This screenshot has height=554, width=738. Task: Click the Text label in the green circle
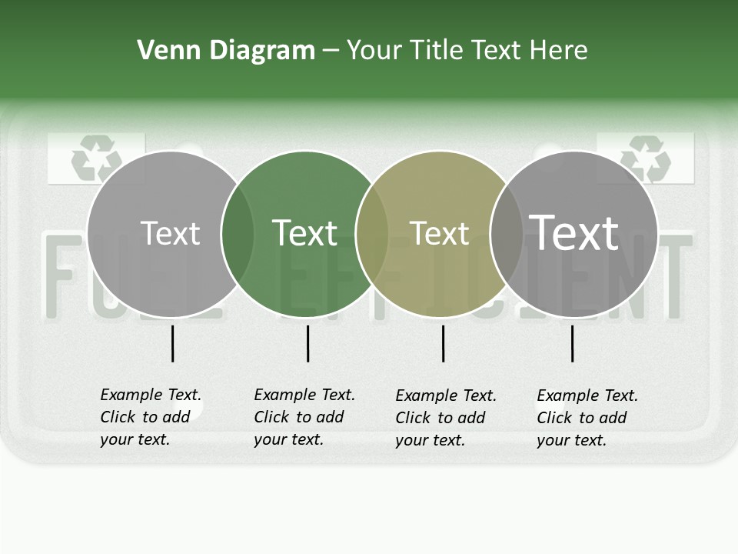[x=305, y=233]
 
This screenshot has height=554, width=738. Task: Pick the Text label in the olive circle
[x=439, y=233]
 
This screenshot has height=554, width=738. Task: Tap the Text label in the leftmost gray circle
[x=170, y=233]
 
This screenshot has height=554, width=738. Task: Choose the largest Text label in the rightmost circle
[x=573, y=233]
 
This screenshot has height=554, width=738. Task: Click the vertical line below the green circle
[x=307, y=343]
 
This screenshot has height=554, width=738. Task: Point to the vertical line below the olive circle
[x=443, y=343]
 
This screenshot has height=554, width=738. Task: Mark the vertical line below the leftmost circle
[x=172, y=343]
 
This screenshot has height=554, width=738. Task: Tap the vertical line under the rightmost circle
[x=572, y=343]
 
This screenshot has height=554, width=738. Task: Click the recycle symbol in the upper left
[x=96, y=159]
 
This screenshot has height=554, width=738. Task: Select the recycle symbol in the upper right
[x=646, y=158]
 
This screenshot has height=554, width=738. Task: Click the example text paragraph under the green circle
[x=304, y=417]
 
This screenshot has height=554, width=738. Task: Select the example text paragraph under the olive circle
[x=445, y=418]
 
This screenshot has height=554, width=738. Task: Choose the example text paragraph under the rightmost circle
[x=587, y=418]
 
